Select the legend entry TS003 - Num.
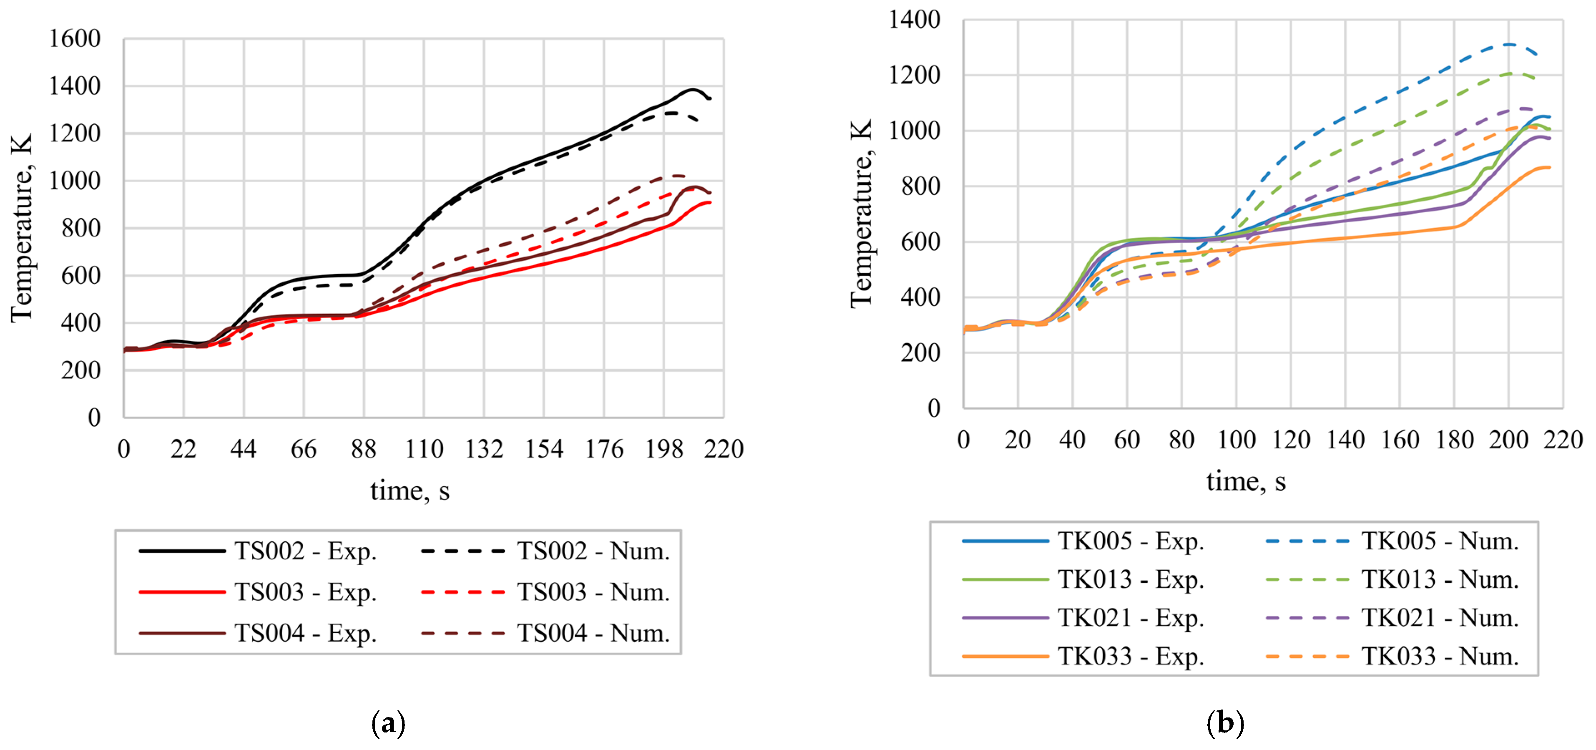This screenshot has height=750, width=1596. click(545, 592)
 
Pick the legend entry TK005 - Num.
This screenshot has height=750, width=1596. click(1392, 541)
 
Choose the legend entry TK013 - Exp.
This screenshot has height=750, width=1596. click(1083, 579)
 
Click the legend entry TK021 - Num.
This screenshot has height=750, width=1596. click(1392, 618)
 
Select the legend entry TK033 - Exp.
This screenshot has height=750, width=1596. click(1083, 657)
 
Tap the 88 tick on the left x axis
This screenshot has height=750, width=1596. click(364, 449)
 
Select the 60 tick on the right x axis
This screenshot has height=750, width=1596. click(1127, 440)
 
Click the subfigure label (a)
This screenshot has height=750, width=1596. click(388, 723)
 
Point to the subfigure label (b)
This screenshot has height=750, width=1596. click(1226, 723)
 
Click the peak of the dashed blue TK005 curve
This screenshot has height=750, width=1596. click(1508, 44)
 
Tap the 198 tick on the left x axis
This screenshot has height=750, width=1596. click(664, 449)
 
